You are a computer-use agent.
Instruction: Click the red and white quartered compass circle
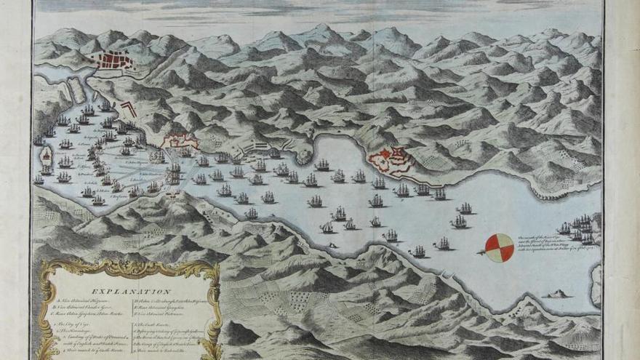click(x=499, y=248)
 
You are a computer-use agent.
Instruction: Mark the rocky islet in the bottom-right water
click(x=558, y=293)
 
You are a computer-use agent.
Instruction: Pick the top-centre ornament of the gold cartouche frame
click(x=129, y=265)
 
